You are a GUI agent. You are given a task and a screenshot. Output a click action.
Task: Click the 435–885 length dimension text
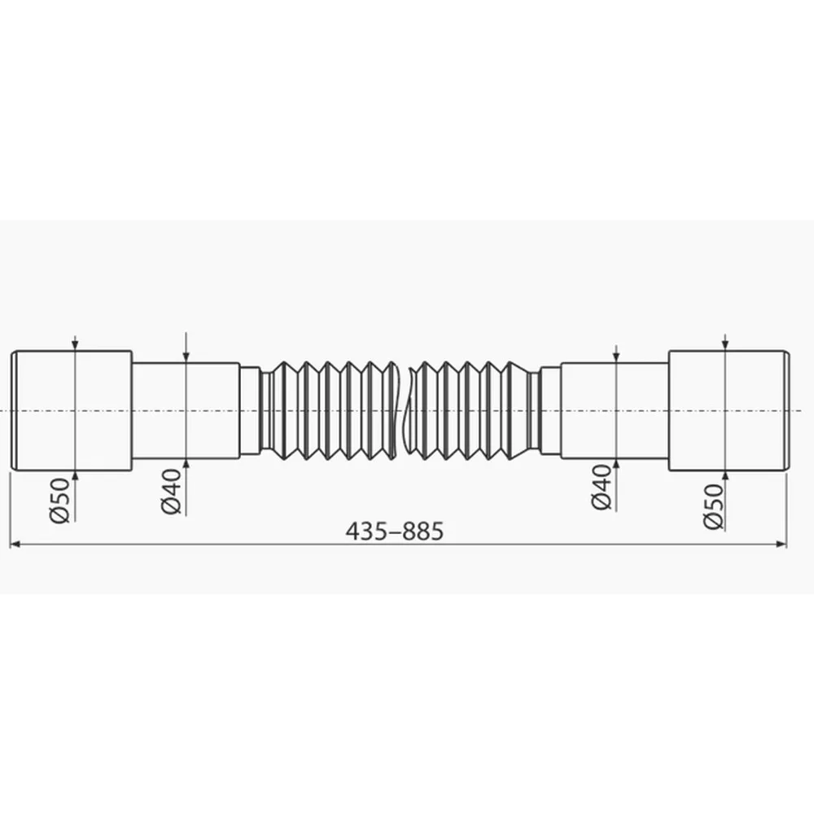395,532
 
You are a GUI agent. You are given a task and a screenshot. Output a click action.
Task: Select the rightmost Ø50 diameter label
713,506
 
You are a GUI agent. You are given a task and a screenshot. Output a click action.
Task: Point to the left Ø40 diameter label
171,491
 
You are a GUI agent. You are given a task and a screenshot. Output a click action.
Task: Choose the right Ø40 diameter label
602,488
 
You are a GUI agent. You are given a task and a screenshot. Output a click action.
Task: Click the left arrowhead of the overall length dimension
15,544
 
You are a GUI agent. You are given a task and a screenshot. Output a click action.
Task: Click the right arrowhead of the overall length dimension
781,544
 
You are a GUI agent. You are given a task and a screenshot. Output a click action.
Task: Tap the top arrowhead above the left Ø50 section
75,346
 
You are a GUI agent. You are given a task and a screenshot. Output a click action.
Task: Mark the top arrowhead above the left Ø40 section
186,357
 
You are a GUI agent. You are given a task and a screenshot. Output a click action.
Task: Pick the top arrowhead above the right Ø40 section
616,357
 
